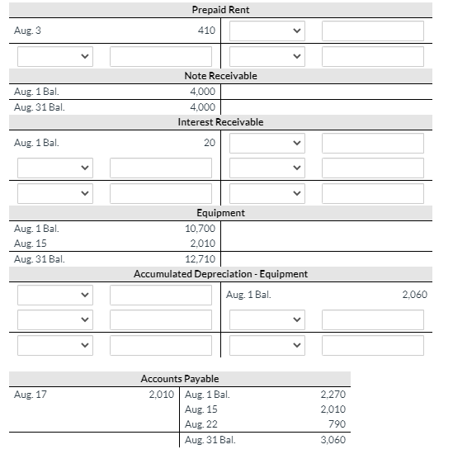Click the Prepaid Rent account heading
[x=220, y=10]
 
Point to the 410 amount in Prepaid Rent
[x=206, y=31]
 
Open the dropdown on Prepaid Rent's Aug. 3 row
[x=267, y=31]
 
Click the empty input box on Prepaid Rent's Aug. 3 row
[x=372, y=31]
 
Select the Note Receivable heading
[x=220, y=76]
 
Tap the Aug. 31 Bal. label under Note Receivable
[x=39, y=107]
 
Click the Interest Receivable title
[x=220, y=122]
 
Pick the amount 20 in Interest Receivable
[x=210, y=143]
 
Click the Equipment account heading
[x=220, y=213]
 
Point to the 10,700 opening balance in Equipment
[x=201, y=228]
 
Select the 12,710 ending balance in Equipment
[x=201, y=258]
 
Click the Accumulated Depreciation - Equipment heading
[x=220, y=274]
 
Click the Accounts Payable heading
[x=179, y=379]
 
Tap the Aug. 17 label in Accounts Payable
[x=31, y=394]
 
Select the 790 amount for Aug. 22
[x=337, y=424]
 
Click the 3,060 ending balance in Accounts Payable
[x=333, y=440]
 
